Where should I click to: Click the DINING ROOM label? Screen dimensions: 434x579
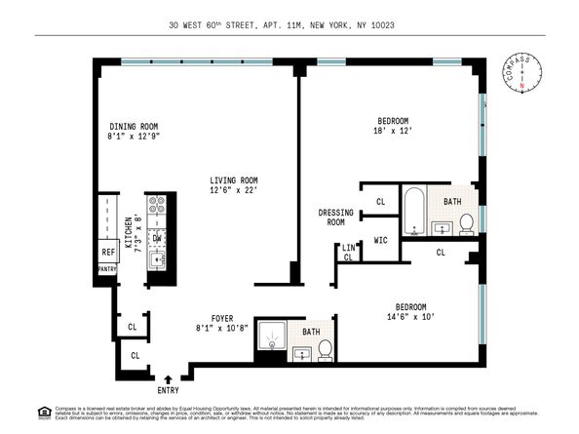[x=133, y=126]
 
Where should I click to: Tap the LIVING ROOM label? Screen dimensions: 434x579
[x=235, y=180]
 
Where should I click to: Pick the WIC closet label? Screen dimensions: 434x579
[x=381, y=239]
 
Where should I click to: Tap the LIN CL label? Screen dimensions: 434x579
[x=348, y=253]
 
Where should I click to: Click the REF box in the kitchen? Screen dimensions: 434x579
[x=108, y=252]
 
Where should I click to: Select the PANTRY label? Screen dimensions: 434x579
[x=107, y=269]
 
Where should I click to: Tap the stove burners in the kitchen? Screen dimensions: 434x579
[x=156, y=210]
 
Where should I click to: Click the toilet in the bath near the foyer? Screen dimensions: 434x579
[x=325, y=349]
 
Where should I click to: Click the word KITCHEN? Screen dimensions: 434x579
[x=128, y=235]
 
